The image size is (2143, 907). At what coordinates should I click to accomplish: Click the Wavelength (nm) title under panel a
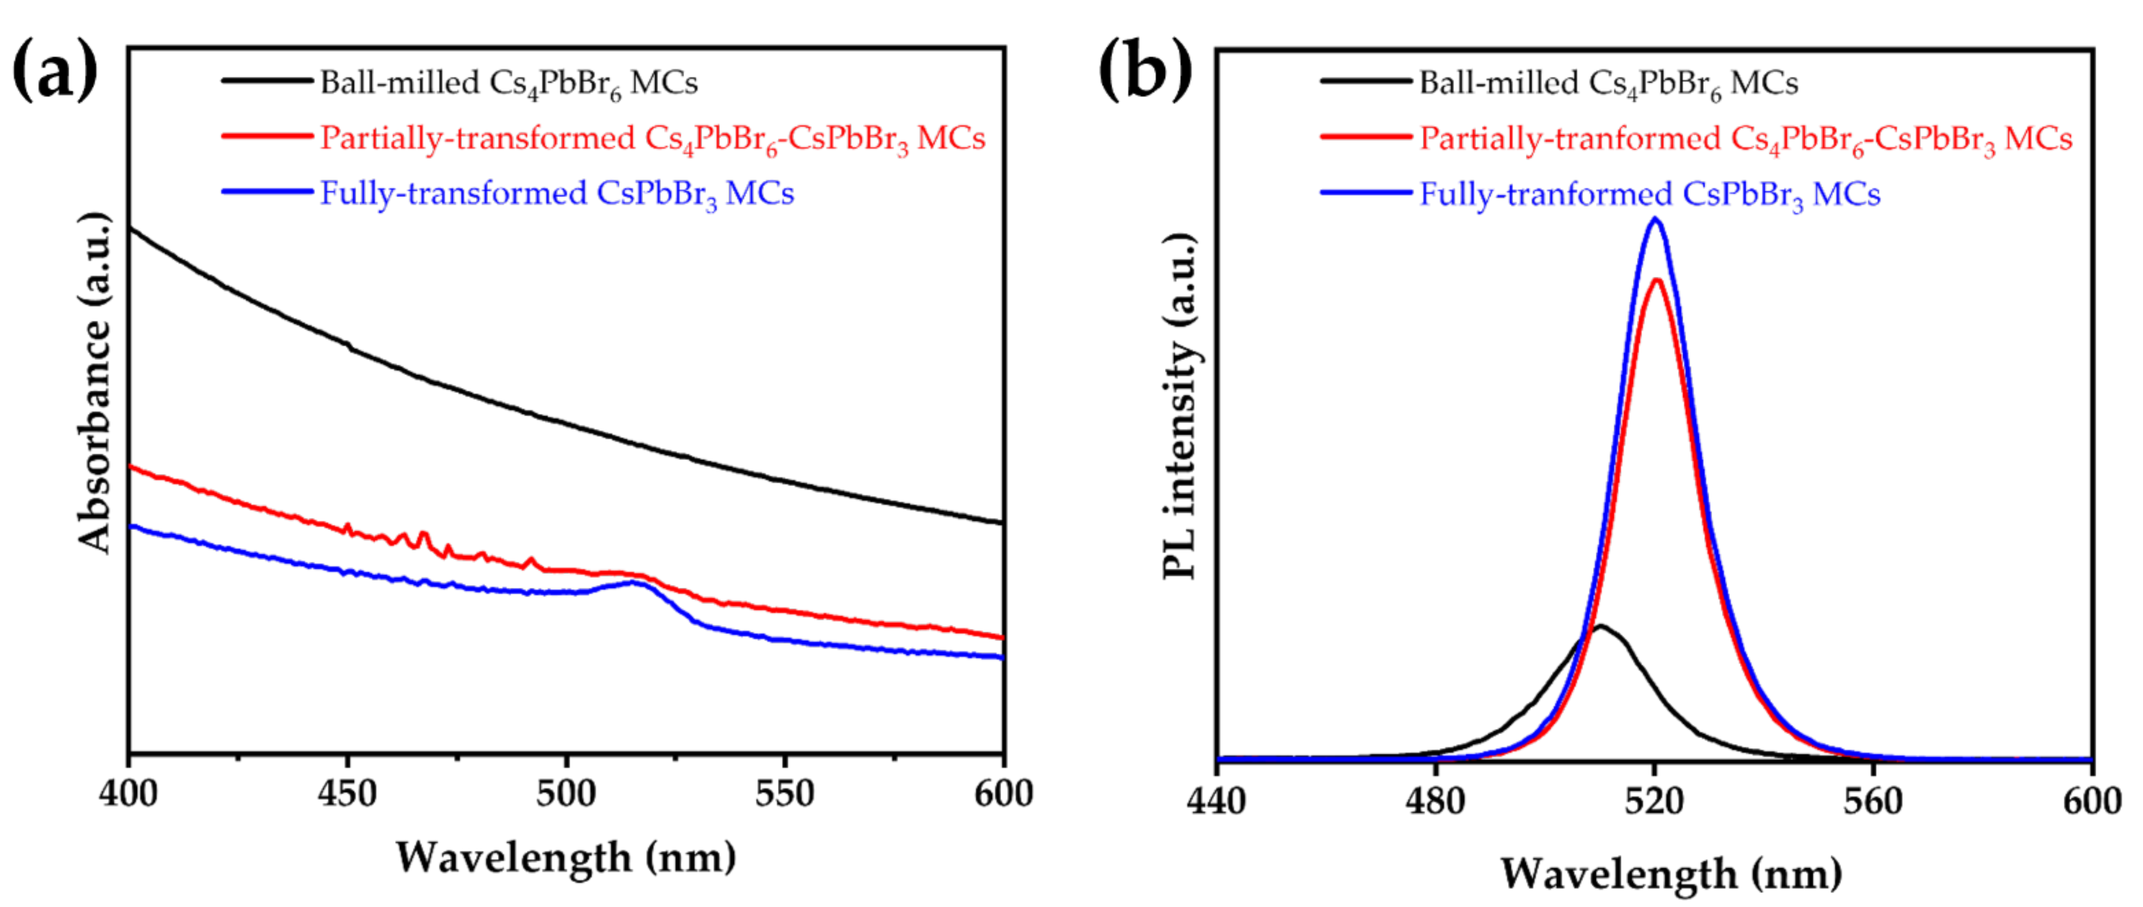[566, 857]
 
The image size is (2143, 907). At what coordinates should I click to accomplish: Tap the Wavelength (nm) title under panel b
[1671, 874]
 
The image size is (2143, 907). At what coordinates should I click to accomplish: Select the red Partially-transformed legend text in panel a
[652, 139]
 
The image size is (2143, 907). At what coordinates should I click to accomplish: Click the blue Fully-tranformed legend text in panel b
[1649, 195]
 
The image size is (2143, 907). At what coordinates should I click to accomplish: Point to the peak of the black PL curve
[1600, 626]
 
